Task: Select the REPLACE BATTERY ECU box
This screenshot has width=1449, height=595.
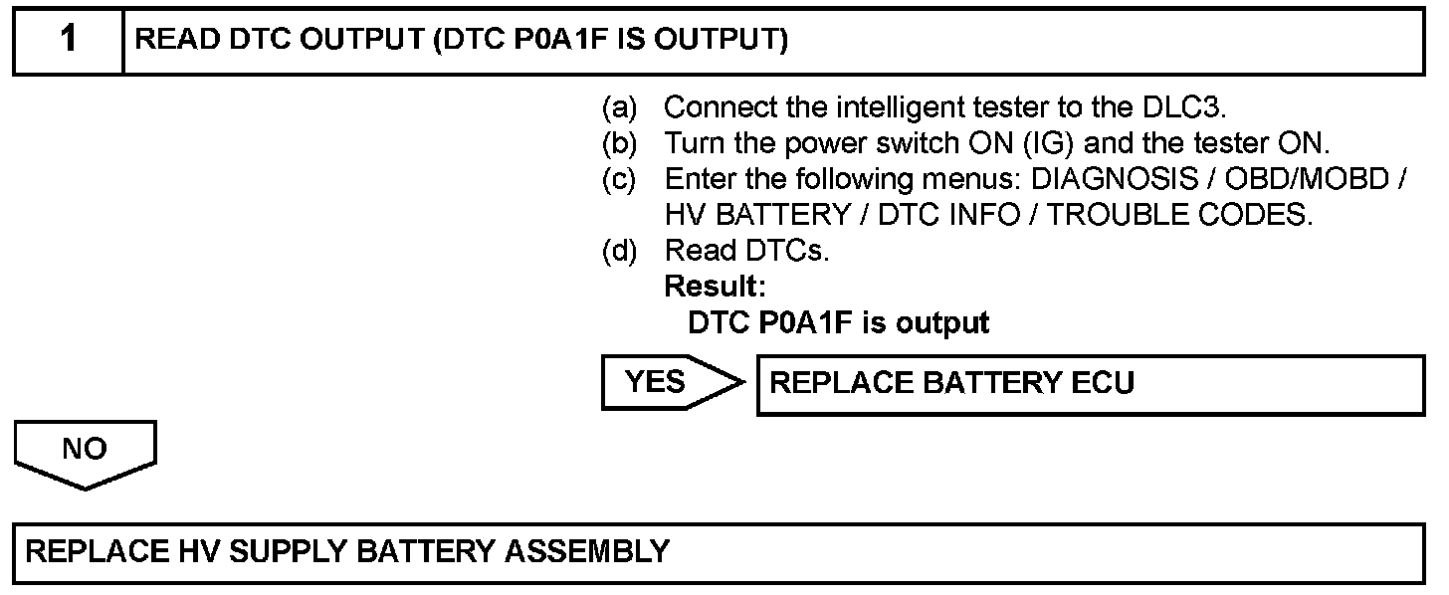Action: tap(1090, 383)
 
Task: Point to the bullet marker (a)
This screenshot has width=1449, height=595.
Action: tap(620, 106)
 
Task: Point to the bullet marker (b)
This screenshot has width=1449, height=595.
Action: tap(620, 143)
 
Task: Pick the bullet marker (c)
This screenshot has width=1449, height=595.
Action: tap(620, 179)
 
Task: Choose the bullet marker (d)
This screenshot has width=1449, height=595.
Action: tap(620, 252)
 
